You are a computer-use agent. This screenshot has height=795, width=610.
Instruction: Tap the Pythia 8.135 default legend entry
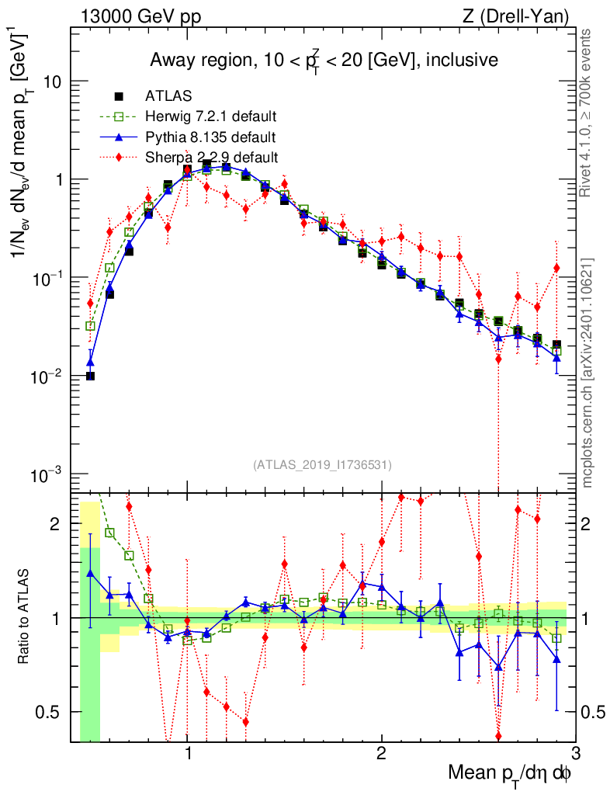[210, 137]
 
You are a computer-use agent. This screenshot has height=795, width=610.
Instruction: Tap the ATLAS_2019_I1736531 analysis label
[322, 465]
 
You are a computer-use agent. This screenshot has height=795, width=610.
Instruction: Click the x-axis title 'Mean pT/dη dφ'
[511, 772]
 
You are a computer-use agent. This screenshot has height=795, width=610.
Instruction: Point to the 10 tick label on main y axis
[51, 82]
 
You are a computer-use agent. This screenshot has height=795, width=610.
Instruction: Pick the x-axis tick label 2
[381, 753]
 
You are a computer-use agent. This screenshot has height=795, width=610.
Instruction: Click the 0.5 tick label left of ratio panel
[51, 712]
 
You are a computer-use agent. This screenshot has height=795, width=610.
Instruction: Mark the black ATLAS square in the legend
[119, 97]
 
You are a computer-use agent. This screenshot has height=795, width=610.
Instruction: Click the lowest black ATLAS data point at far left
[90, 376]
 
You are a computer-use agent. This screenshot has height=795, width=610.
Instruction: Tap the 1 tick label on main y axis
[59, 179]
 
